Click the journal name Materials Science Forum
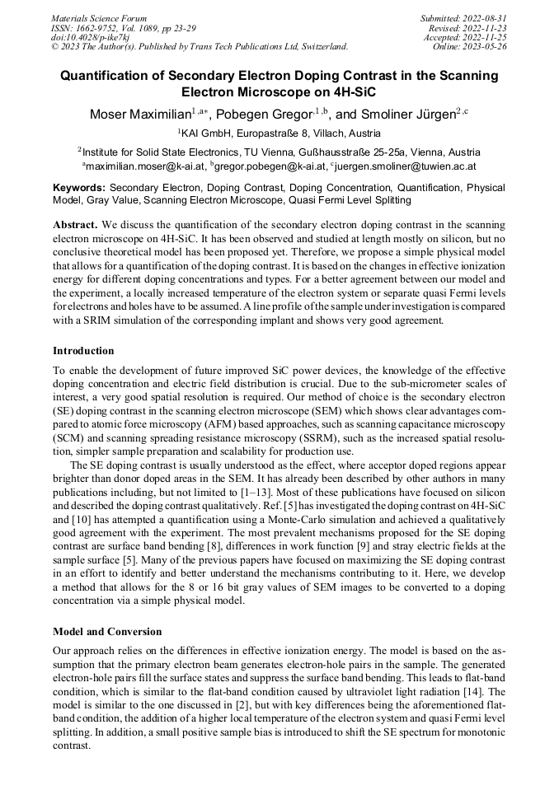click(99, 18)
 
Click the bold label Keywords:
click(79, 188)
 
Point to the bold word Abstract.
click(76, 224)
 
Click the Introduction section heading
click(83, 351)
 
